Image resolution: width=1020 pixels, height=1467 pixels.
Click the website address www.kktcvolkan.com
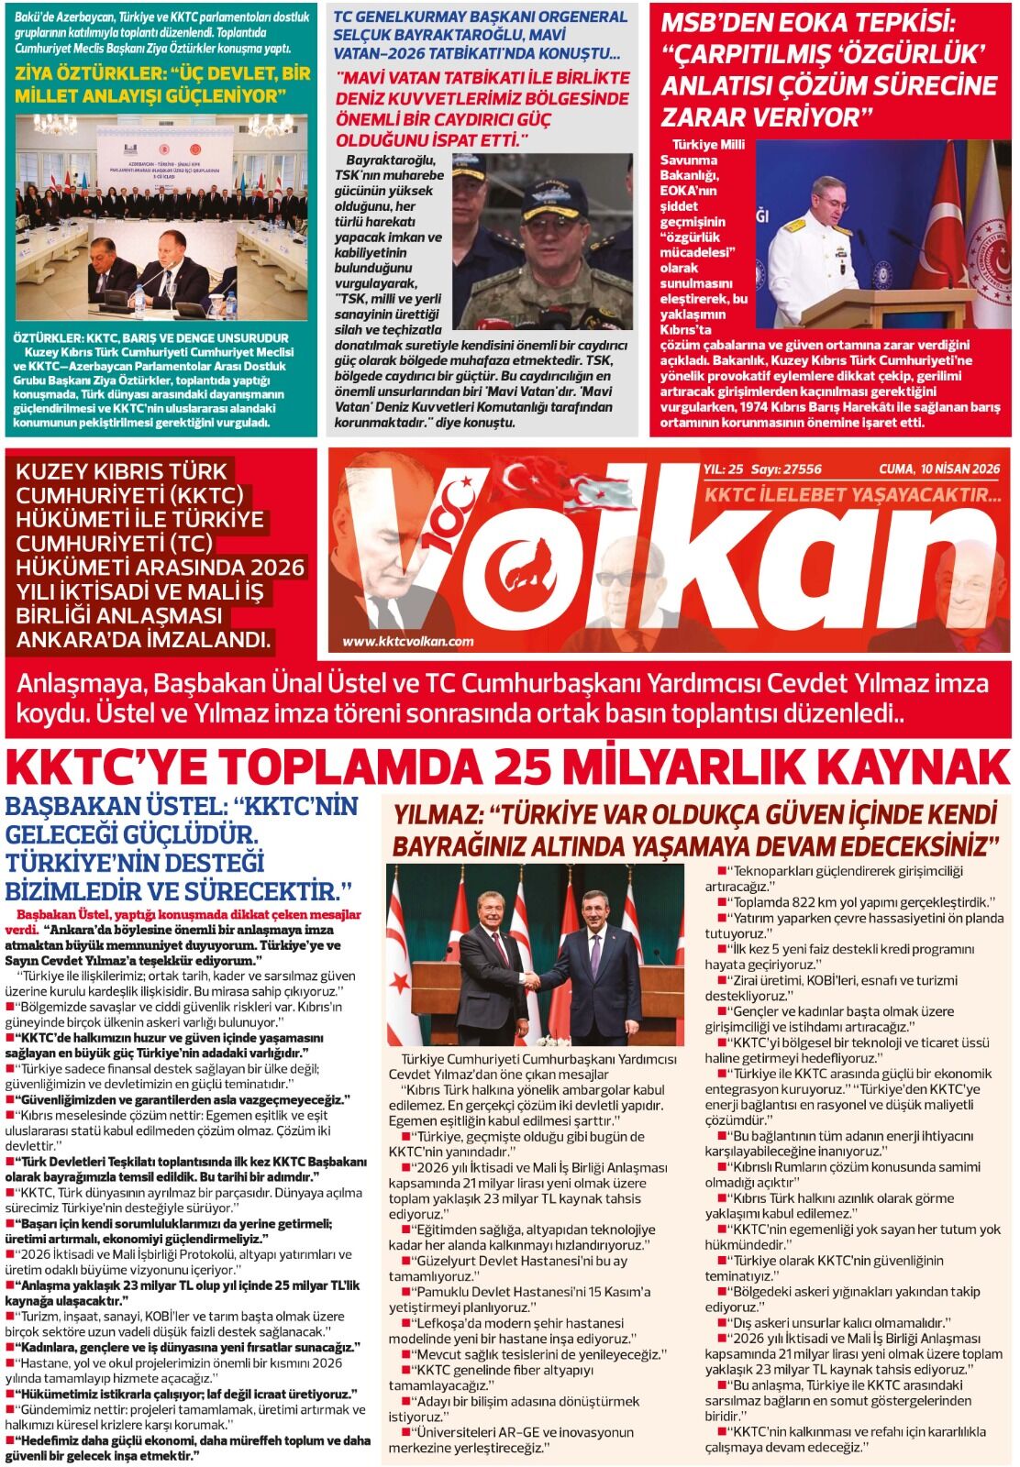tap(408, 641)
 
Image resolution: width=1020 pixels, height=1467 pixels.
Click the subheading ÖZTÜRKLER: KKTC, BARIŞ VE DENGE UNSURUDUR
tap(151, 337)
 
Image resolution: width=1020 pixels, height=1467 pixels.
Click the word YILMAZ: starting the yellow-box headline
tap(437, 815)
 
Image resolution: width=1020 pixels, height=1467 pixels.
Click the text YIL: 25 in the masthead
tap(722, 469)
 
